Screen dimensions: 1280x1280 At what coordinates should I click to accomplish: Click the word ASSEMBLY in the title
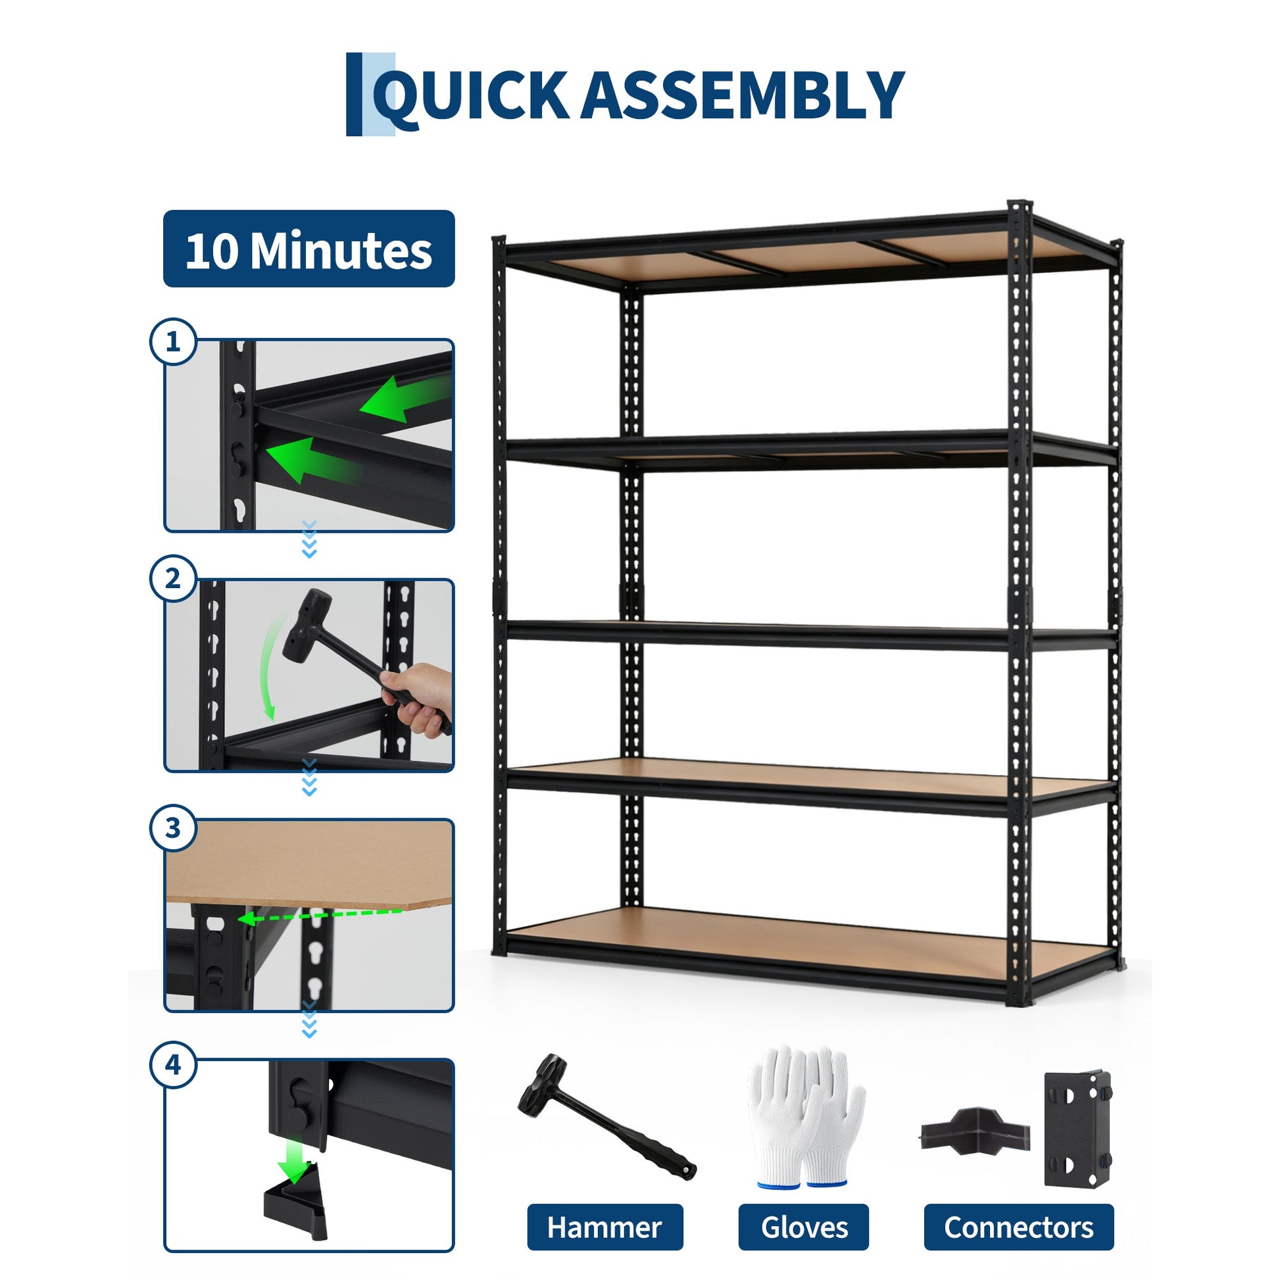click(742, 95)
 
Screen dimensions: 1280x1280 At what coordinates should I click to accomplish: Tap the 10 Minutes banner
click(308, 249)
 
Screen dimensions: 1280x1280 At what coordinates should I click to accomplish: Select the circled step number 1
click(173, 342)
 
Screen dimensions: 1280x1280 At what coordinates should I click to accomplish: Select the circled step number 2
click(173, 578)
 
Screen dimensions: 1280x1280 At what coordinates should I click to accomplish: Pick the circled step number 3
click(173, 827)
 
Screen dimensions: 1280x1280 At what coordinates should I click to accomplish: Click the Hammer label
click(604, 1208)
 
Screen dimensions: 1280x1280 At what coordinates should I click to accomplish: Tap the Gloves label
click(804, 1208)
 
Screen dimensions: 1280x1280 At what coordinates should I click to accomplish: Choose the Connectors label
click(1018, 1208)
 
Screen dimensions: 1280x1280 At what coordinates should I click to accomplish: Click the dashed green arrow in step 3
click(319, 915)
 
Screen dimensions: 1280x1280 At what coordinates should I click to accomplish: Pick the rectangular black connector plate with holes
click(1077, 1128)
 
